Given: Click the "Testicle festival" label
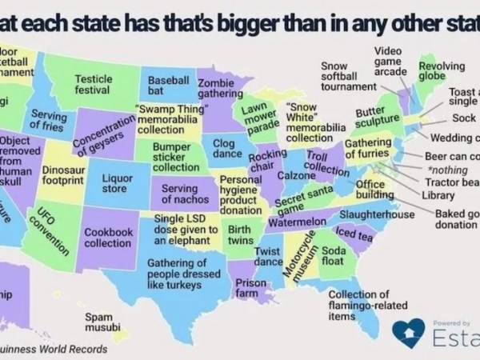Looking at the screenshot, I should (93, 85).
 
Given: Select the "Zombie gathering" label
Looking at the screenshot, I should (214, 88).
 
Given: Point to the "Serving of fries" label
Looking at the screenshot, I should (47, 121).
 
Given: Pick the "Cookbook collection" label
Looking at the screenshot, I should (107, 237).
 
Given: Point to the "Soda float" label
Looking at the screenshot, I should (333, 255).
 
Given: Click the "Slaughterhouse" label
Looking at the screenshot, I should (377, 215).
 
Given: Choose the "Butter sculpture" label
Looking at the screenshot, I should (376, 119).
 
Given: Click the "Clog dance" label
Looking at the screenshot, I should (229, 148).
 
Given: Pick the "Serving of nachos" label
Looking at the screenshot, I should (179, 193).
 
